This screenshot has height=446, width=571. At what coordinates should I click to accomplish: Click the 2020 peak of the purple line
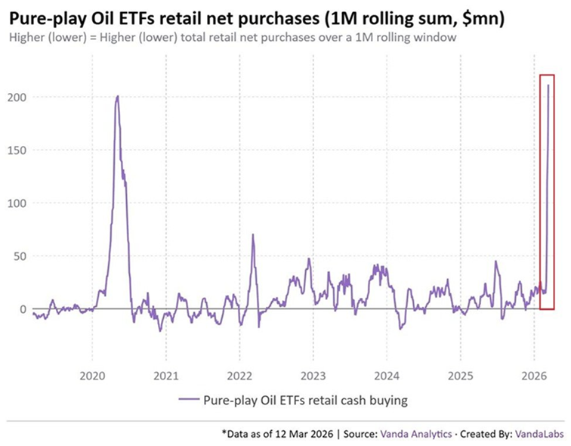pyautogui.click(x=117, y=97)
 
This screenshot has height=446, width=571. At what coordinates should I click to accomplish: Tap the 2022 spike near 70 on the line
pyautogui.click(x=253, y=235)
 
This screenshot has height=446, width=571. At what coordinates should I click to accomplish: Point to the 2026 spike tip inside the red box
pyautogui.click(x=548, y=85)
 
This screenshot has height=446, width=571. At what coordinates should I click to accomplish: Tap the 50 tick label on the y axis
pyautogui.click(x=17, y=256)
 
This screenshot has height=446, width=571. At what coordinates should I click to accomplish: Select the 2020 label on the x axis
pyautogui.click(x=92, y=375)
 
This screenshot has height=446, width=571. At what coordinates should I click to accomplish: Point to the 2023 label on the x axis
pyautogui.click(x=313, y=375)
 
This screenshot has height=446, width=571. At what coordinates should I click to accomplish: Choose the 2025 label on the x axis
pyautogui.click(x=460, y=375)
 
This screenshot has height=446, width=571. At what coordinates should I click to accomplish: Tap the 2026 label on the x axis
pyautogui.click(x=534, y=375)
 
